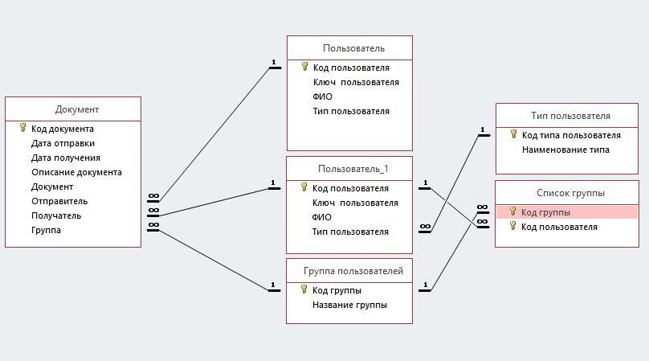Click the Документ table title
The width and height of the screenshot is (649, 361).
77,109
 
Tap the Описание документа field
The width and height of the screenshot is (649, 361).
76,172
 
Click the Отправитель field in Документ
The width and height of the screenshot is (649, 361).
59,201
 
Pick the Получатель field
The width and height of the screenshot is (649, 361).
56,215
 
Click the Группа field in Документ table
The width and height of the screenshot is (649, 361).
46,230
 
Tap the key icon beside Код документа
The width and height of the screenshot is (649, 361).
22,129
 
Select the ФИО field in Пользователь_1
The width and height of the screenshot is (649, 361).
322,217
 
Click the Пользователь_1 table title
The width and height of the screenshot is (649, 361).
353,169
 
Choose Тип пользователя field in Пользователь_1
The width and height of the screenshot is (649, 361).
351,232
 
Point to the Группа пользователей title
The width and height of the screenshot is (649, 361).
353,271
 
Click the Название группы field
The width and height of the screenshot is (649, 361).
349,305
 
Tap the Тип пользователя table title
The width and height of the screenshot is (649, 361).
570,116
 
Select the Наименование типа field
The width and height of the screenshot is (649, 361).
565,150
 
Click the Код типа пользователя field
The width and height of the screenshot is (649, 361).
571,135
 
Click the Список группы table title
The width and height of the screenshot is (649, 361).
570,193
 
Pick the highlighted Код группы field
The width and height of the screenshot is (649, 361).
545,212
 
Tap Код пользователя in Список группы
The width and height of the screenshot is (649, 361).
559,227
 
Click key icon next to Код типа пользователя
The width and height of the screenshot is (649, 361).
512,135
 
